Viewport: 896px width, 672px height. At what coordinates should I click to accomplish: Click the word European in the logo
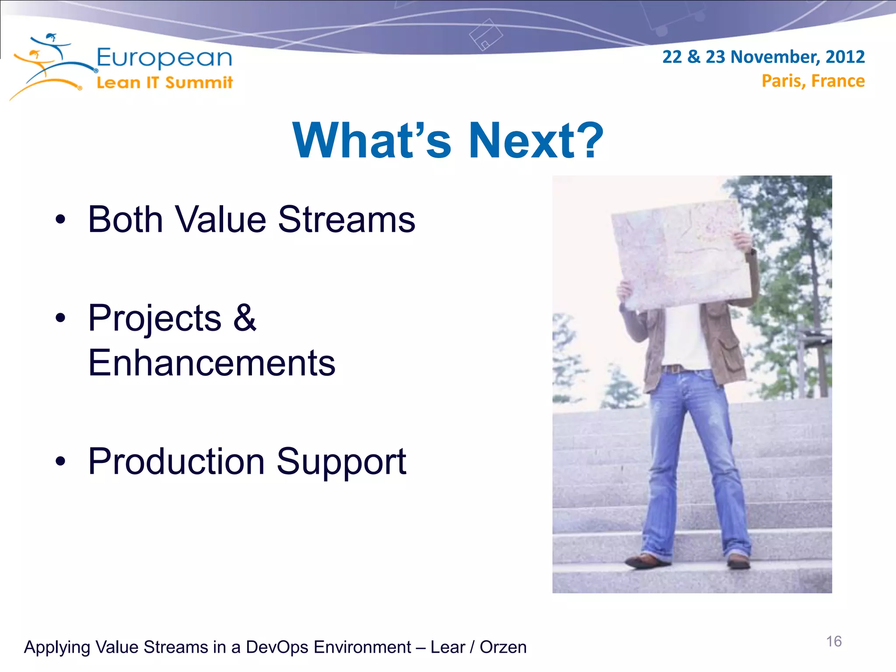(x=164, y=58)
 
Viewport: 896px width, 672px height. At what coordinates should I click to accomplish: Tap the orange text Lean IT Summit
(x=164, y=82)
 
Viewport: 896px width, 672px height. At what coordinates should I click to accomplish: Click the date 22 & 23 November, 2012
(x=763, y=57)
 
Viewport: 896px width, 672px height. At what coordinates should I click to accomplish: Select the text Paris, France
(x=813, y=81)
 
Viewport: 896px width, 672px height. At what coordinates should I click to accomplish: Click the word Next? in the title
(x=535, y=140)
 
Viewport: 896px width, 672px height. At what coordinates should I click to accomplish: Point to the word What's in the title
(x=371, y=140)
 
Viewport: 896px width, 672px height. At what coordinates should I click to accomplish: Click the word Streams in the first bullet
(x=346, y=219)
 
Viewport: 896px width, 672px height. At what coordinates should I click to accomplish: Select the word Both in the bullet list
(x=125, y=219)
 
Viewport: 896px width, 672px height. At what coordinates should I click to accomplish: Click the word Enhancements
(x=211, y=363)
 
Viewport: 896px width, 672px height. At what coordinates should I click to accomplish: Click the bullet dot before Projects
(x=60, y=318)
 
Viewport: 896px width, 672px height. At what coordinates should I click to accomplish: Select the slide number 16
(x=833, y=641)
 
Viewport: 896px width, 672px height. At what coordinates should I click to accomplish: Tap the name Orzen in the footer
(x=503, y=647)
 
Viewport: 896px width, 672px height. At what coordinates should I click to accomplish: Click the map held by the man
(x=680, y=256)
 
